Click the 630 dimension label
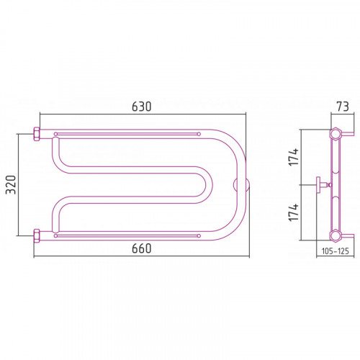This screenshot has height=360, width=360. (142, 107)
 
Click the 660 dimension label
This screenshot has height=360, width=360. (142, 248)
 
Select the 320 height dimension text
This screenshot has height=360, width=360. (11, 184)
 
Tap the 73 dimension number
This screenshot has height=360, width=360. (343, 107)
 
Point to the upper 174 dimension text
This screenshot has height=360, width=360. (294, 157)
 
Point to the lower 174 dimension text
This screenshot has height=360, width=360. (294, 212)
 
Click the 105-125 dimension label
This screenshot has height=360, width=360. (336, 251)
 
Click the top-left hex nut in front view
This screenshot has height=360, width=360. (37, 134)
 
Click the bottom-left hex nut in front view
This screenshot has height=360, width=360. (37, 235)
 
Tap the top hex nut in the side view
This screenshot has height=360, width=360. (335, 134)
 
